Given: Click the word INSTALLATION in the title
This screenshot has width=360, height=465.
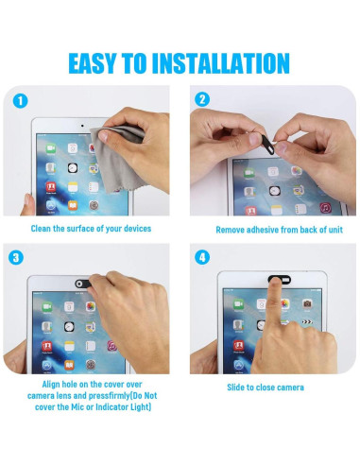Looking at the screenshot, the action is [220, 63].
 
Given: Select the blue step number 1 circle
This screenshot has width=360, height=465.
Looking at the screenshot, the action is [21, 101].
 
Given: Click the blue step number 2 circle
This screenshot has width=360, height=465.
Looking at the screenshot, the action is [202, 99].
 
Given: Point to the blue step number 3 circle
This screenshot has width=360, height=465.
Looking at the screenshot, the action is [16, 257].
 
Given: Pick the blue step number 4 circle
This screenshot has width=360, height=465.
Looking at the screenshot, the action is [202, 257].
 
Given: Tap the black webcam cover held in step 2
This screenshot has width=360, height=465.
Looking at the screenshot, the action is [267, 144].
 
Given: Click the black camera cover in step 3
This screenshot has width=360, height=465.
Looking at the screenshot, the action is [83, 284].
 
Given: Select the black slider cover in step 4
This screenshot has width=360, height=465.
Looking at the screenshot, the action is [280, 279].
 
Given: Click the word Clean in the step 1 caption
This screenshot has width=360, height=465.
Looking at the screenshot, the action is [41, 229].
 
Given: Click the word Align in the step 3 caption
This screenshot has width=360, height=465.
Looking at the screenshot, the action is [51, 385].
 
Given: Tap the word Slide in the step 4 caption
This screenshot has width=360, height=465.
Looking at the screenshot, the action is [236, 387].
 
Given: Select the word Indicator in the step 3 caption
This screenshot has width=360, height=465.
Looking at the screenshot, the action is [111, 407].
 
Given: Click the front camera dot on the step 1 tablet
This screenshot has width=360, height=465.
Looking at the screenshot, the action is [82, 126].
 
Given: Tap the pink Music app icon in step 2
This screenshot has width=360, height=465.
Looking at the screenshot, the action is [325, 207].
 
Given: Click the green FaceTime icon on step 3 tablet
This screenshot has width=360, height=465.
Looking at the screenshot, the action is [47, 306].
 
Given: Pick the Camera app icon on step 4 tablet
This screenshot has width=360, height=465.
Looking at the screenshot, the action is [307, 303].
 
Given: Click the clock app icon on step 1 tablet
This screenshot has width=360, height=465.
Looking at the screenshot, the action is [73, 167].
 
